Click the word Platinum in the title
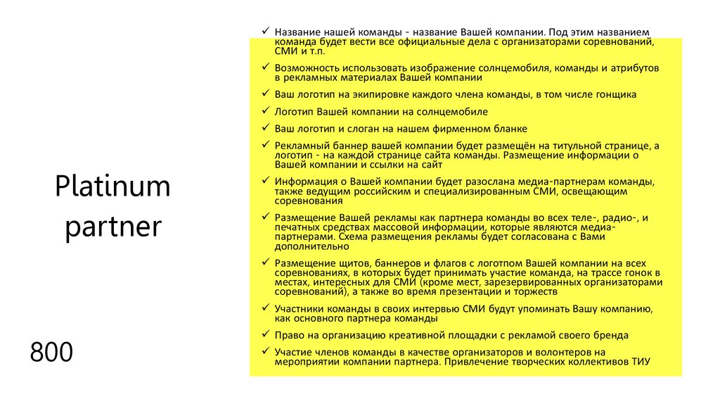(x=112, y=188)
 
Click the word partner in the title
(x=112, y=228)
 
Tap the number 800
(x=51, y=352)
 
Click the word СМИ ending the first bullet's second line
(x=284, y=51)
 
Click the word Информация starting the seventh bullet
(x=304, y=181)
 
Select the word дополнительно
(x=305, y=246)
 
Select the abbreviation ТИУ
(x=640, y=361)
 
